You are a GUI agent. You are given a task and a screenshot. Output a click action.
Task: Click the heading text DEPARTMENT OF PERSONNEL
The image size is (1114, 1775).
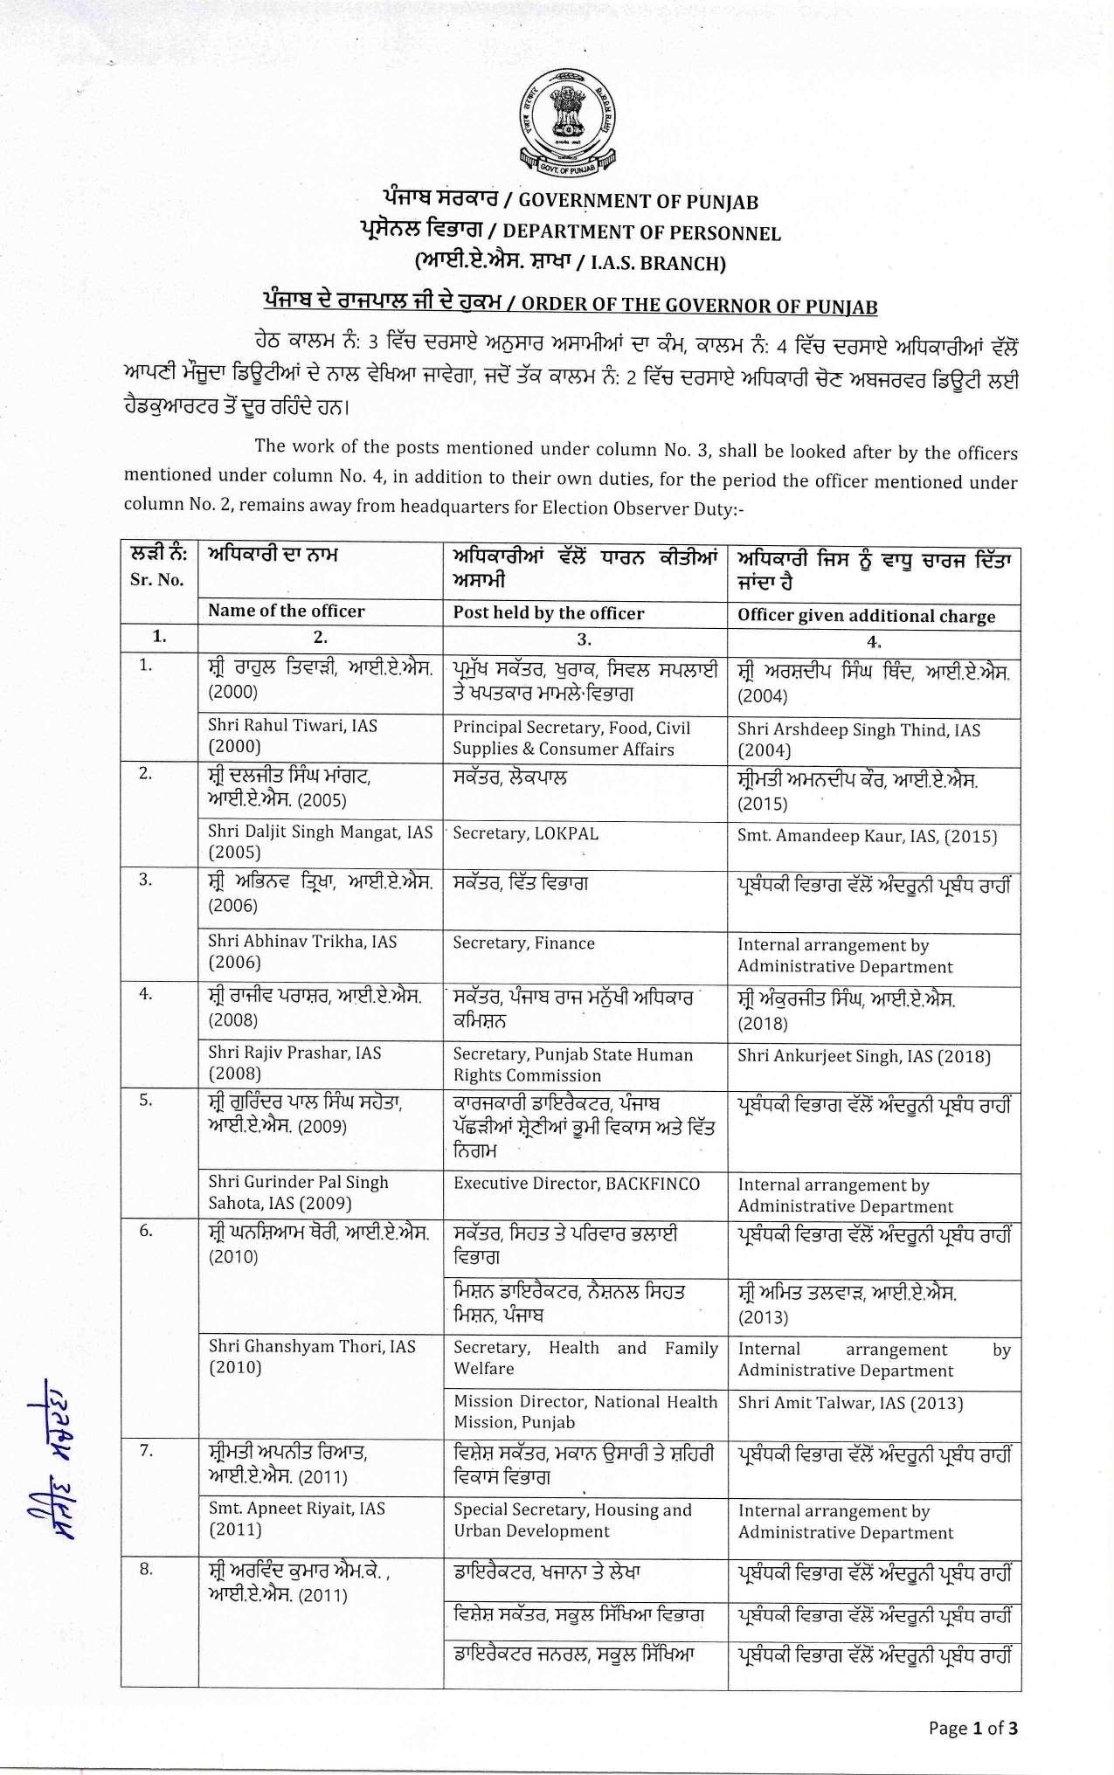coord(641,233)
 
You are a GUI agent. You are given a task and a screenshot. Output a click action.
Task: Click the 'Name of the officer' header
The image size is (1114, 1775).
coord(286,611)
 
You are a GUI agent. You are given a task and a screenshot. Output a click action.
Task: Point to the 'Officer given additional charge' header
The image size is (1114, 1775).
coord(866,616)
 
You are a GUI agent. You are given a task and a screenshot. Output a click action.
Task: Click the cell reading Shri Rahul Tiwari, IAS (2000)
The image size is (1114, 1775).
coord(293,736)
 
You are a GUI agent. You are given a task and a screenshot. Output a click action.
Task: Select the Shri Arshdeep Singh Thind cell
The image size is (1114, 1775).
coord(858,740)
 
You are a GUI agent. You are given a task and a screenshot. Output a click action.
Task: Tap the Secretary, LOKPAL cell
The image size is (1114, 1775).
coord(525,834)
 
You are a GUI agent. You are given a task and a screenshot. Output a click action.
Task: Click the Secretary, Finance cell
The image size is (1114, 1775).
coord(523,943)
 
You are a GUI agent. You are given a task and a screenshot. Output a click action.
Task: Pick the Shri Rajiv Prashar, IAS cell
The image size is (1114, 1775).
coord(294,1063)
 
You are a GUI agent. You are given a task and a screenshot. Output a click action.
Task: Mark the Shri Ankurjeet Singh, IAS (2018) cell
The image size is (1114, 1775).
coord(863,1057)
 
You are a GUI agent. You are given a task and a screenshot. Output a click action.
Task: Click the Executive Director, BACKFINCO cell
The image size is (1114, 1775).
coord(576,1184)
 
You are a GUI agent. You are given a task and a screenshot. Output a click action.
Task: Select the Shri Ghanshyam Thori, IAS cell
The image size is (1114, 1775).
coord(311,1357)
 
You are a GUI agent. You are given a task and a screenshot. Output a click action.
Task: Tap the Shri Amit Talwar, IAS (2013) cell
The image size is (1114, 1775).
coord(850,1403)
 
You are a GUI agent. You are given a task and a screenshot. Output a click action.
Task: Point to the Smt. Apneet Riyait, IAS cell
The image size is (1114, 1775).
coord(296,1519)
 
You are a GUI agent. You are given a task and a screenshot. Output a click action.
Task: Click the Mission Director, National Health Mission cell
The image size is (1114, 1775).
coord(585,1412)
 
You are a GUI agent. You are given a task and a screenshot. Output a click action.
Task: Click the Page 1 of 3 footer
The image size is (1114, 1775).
coord(972,1728)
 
